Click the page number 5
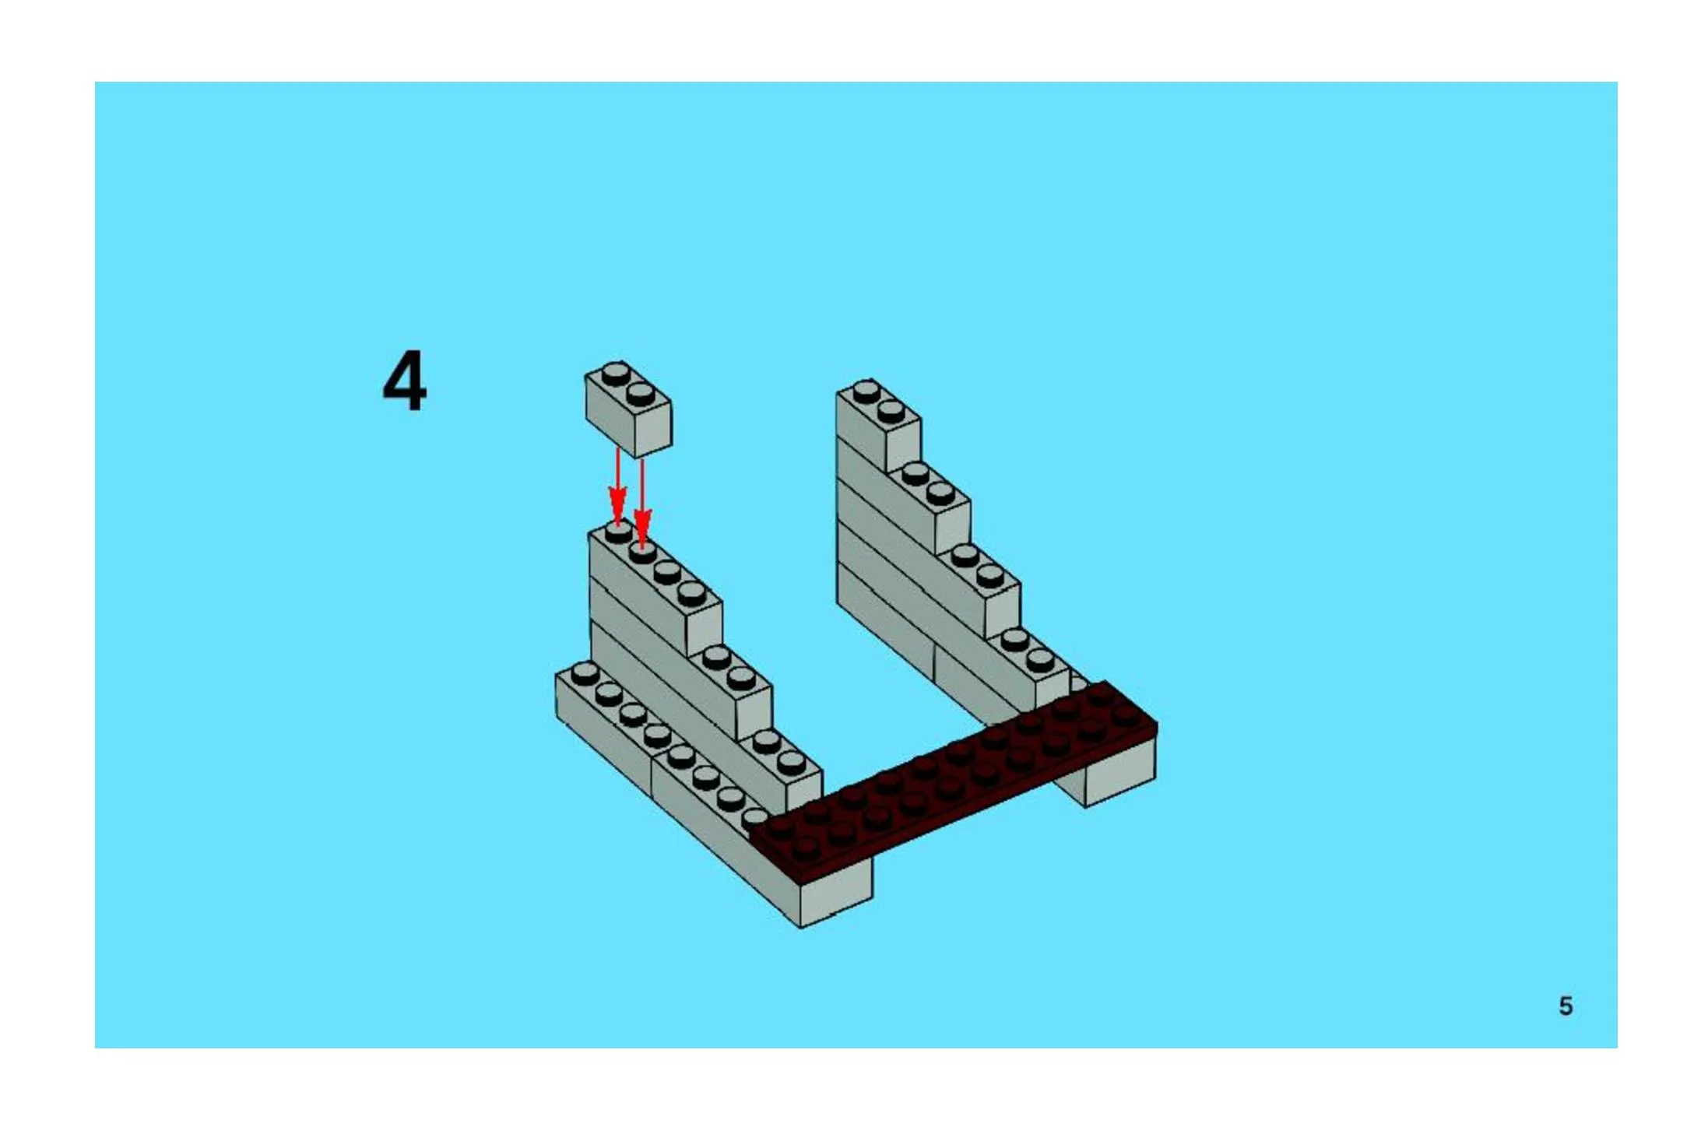tap(1566, 1006)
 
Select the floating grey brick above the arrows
tap(628, 409)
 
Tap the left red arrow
tap(617, 486)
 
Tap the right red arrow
tap(642, 502)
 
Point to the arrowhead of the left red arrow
tap(617, 509)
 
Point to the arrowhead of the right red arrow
tap(642, 528)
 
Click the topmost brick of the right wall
tap(878, 426)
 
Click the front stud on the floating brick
tap(640, 392)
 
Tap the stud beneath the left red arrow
tap(618, 532)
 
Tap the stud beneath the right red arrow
tap(642, 552)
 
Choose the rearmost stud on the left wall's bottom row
tap(584, 672)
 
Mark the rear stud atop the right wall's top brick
tap(866, 391)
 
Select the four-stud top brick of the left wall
tap(655, 589)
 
